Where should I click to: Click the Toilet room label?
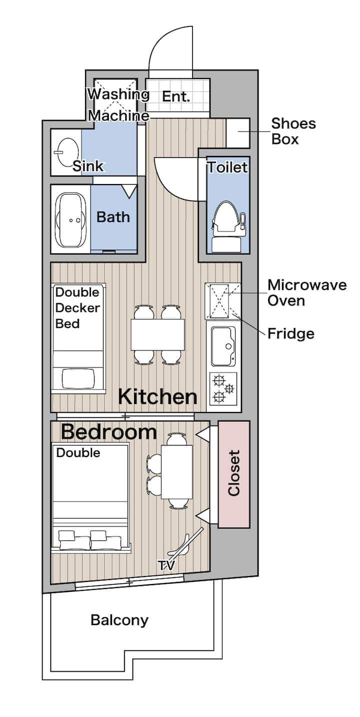coord(228,167)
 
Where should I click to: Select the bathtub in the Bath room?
coord(71,220)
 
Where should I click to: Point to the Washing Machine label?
coord(118,104)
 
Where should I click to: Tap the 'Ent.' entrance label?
coord(176,96)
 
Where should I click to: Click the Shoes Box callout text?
coord(293,131)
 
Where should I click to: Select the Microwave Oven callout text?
coord(307,292)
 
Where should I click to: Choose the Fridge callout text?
coord(291,333)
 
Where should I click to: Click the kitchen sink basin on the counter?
coord(223,346)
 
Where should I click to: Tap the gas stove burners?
coord(223,388)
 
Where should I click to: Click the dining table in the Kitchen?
coord(158,334)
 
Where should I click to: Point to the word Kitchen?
coord(157,396)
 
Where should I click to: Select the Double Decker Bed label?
coord(77,308)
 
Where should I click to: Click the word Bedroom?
coord(109,431)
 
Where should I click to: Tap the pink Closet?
coord(234,474)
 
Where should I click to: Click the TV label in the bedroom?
coord(167,565)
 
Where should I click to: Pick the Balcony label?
coord(119,620)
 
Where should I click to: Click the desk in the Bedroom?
coord(176,471)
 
